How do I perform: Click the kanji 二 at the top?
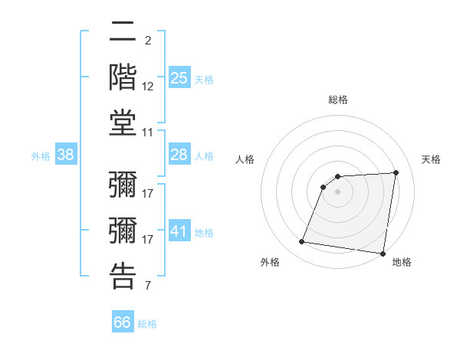pyautogui.click(x=123, y=34)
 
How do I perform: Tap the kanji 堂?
pyautogui.click(x=123, y=123)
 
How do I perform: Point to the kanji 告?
pyautogui.click(x=123, y=276)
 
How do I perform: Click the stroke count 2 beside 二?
pyautogui.click(x=147, y=40)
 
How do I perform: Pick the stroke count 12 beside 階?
pyautogui.click(x=148, y=87)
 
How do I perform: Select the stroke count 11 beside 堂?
pyautogui.click(x=148, y=133)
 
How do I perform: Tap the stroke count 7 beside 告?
pyautogui.click(x=147, y=286)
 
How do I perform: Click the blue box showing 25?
pyautogui.click(x=179, y=78)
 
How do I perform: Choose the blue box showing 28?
pyautogui.click(x=179, y=155)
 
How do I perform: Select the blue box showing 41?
pyautogui.click(x=179, y=231)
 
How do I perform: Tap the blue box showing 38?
pyautogui.click(x=66, y=155)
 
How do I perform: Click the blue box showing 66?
pyautogui.click(x=122, y=322)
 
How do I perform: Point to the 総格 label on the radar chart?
pyautogui.click(x=338, y=100)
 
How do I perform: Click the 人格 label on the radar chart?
pyautogui.click(x=245, y=159)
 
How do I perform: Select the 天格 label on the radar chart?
pyautogui.click(x=431, y=159)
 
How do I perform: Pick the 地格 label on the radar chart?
pyautogui.click(x=402, y=263)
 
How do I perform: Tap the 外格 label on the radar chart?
pyautogui.click(x=270, y=263)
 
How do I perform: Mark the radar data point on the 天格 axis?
pyautogui.click(x=396, y=172)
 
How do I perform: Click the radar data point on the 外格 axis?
pyautogui.click(x=302, y=242)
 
